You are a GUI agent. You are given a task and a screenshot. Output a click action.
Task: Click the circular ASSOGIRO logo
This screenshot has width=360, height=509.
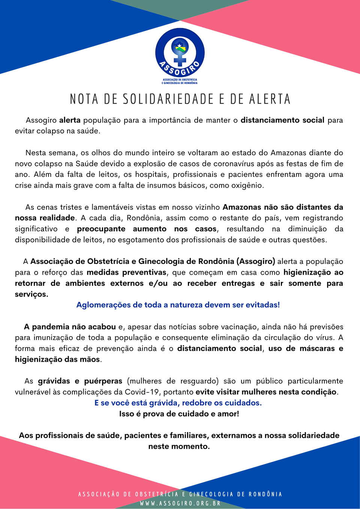180,52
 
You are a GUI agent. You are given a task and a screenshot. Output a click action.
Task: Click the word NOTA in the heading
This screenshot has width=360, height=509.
84,99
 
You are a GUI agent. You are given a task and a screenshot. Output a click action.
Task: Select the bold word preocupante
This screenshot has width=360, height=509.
101,229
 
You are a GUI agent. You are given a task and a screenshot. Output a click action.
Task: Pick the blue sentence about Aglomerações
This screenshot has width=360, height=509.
178,305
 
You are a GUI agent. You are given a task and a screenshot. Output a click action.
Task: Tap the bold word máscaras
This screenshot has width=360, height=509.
317,349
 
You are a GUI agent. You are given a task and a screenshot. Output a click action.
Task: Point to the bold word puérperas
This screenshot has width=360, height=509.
103,381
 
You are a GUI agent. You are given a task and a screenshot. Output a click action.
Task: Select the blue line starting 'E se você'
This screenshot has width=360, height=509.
178,403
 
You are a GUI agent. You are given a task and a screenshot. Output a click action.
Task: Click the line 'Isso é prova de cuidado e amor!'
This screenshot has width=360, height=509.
179,414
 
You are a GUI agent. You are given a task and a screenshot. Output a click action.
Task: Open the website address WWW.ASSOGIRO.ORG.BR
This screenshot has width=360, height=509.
180,503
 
